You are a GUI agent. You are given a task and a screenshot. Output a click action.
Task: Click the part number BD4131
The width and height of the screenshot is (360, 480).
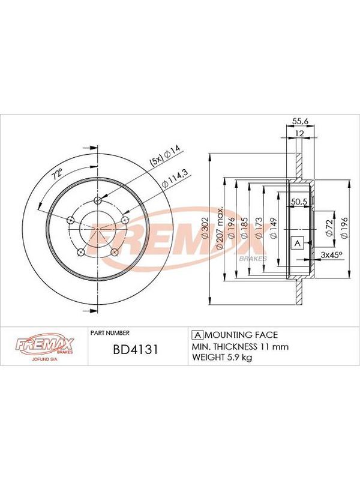click(x=136, y=349)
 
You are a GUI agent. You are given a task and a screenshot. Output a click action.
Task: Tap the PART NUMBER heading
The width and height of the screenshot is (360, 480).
click(x=110, y=333)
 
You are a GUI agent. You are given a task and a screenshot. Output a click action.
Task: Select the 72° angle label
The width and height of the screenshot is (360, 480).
click(x=57, y=174)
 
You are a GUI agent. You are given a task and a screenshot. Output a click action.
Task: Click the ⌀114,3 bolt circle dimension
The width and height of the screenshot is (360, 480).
click(x=176, y=179)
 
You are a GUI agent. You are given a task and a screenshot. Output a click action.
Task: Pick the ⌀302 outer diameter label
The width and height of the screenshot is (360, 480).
click(x=205, y=228)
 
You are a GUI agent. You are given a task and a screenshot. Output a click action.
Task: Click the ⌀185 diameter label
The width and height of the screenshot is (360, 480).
click(x=244, y=228)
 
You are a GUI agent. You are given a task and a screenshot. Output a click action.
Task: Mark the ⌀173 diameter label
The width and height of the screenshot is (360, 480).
click(x=259, y=228)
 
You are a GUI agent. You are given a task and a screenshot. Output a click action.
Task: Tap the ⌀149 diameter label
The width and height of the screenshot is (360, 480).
click(x=274, y=228)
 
